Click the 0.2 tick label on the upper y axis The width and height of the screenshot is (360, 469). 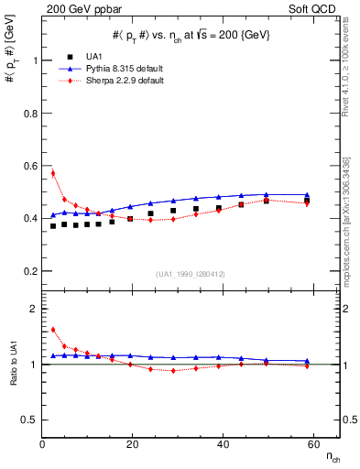[x=31, y=272]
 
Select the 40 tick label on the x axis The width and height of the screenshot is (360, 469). [x=223, y=444]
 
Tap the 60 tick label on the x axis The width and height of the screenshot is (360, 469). [x=312, y=444]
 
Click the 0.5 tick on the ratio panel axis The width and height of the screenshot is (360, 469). [x=31, y=420]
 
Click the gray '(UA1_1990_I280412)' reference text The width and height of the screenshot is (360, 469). [x=191, y=275]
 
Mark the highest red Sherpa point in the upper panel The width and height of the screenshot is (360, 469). [x=53, y=173]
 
